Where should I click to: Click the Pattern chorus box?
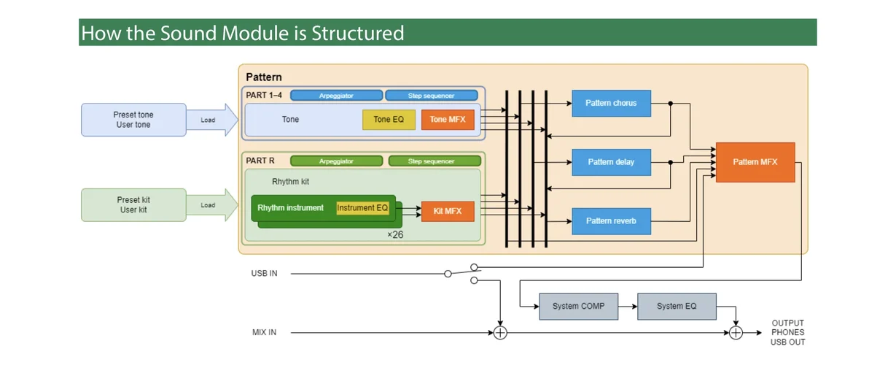coord(611,104)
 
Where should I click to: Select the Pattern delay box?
coord(611,162)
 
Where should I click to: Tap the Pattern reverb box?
coord(611,220)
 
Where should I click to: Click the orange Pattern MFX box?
coord(755,162)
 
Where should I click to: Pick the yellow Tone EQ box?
coord(389,120)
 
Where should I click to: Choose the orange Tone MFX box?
coord(448,120)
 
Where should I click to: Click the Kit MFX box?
coord(448,211)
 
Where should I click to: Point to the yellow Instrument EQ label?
coord(362,208)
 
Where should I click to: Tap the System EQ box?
coord(677,306)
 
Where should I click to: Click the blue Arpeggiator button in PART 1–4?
coord(340,96)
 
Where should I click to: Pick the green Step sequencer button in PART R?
coord(435,161)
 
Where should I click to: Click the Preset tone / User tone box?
coord(133,120)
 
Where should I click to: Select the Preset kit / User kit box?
coord(133,205)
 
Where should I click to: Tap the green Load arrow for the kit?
coord(211,205)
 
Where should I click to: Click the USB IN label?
coord(264,274)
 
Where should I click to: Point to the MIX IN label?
coord(264,333)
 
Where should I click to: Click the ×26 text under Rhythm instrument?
coord(395,235)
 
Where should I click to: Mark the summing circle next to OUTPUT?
coord(736,333)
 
